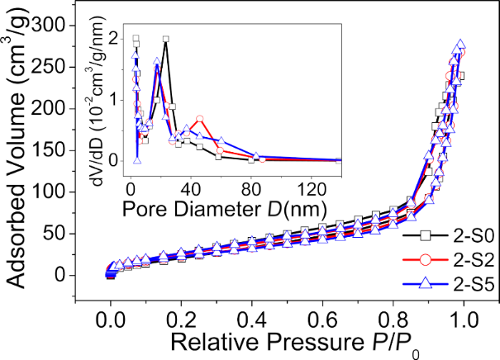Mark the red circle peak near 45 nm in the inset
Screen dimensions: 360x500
(x=199, y=119)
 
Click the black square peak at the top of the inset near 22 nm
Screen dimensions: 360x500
(x=166, y=40)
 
